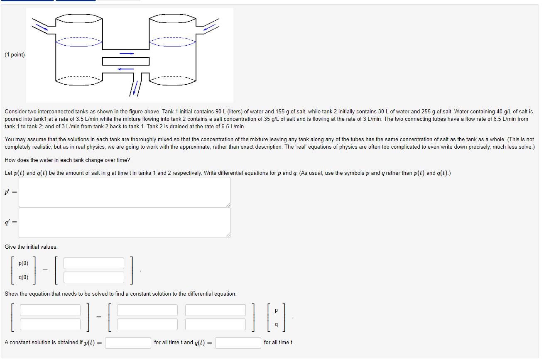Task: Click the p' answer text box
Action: pos(124,192)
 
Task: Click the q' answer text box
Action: pos(124,223)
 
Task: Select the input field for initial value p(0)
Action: pos(94,263)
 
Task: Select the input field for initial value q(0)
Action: pos(94,277)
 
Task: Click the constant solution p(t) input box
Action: pos(128,343)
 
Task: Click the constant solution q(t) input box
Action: pos(238,343)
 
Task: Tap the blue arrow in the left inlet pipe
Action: pos(42,27)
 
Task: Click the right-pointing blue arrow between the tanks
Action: pos(127,53)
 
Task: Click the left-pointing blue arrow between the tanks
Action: pos(125,69)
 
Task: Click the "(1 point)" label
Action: pos(15,55)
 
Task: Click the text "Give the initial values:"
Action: pos(31,247)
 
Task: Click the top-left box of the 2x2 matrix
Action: pos(147,310)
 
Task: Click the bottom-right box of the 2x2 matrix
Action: pos(216,324)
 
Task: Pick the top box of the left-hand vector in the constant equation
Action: pos(50,310)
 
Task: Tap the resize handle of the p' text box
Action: pos(228,204)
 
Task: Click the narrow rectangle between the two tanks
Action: pos(125,61)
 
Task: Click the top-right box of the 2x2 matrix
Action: pos(216,310)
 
